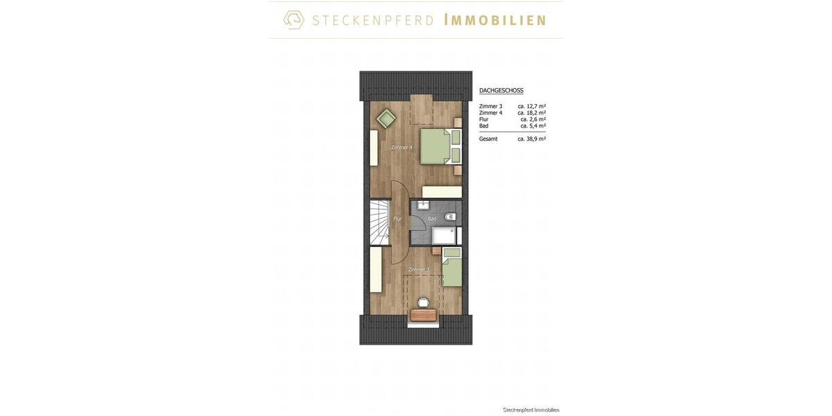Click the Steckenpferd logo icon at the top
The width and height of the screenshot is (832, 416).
click(294, 19)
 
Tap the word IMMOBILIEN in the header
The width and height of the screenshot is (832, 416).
click(494, 20)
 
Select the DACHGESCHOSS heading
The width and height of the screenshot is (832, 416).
click(501, 91)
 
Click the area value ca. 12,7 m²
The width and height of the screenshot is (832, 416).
click(532, 106)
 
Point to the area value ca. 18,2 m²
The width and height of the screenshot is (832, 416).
click(532, 113)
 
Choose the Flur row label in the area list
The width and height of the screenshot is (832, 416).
click(484, 119)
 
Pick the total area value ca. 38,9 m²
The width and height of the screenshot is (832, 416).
click(532, 139)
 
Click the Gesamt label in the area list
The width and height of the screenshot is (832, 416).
click(488, 139)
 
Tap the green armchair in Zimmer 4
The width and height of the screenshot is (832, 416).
click(386, 119)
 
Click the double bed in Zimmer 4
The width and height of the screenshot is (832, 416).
click(440, 146)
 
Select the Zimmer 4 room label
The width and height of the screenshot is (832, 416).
click(401, 147)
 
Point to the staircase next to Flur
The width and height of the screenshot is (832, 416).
click(379, 222)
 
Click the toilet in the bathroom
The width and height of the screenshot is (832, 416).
click(450, 217)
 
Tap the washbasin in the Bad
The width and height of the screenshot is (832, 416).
click(424, 205)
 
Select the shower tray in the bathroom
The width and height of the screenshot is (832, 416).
click(444, 236)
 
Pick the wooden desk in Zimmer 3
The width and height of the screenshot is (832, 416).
click(424, 315)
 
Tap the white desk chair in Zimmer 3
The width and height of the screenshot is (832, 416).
click(423, 302)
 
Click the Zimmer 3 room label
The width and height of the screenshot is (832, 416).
click(419, 270)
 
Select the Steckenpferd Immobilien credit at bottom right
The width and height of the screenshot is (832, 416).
click(531, 410)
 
